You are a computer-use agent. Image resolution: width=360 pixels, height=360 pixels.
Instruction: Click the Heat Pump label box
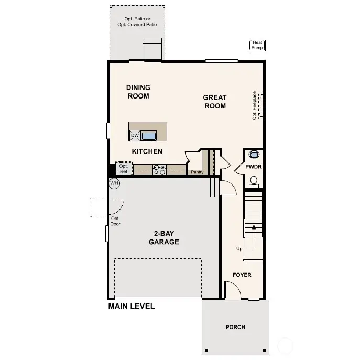(x=257, y=46)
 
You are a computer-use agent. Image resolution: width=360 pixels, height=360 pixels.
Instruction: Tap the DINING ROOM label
(x=138, y=92)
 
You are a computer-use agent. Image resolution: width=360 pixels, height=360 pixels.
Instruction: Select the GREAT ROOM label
(x=215, y=102)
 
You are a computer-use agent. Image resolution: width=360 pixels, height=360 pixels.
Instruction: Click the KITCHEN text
(x=147, y=151)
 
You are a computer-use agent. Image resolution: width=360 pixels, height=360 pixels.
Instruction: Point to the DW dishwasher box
(x=135, y=136)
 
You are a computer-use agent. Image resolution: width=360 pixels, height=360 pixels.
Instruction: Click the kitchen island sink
(x=149, y=136)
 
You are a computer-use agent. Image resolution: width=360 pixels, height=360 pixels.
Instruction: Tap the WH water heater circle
(x=114, y=183)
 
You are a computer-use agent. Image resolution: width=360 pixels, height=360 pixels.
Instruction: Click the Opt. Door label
(x=115, y=221)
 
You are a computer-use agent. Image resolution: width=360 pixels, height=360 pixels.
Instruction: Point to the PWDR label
(x=253, y=167)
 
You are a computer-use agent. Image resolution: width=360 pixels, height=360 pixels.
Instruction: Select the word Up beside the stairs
(x=239, y=248)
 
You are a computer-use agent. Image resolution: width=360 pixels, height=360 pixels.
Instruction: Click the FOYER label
(x=242, y=275)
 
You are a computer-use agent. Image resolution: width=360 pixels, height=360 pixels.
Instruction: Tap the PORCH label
(x=235, y=327)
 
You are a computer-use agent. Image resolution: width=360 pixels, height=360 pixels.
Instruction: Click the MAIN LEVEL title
(x=131, y=306)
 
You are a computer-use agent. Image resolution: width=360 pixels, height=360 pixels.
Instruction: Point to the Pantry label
(x=197, y=172)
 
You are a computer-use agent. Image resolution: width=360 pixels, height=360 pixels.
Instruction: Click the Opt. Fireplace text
(x=255, y=105)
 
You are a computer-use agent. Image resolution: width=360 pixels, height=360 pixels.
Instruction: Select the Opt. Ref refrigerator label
(x=124, y=169)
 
